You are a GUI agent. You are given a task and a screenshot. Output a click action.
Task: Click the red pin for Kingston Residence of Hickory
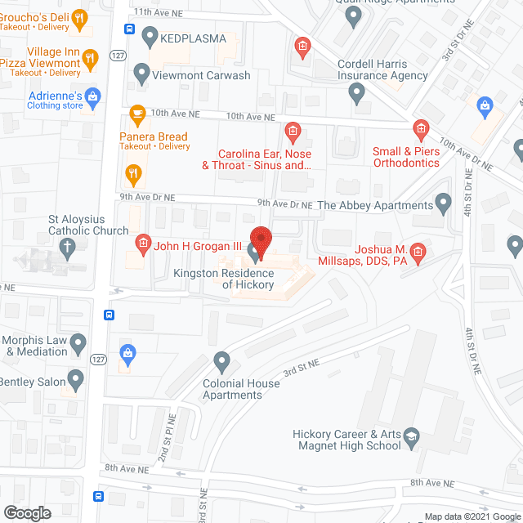[260, 239]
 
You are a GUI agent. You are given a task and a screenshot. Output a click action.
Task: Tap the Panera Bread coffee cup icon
[137, 113]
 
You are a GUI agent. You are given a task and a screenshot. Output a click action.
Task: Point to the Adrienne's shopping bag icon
[93, 96]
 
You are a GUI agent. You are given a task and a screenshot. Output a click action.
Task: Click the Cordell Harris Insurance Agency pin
[356, 93]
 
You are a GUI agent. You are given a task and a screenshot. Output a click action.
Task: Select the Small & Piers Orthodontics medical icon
[420, 128]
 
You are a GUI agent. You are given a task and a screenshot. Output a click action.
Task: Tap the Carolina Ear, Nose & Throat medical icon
[292, 131]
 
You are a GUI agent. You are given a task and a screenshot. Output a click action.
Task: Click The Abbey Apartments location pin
[444, 201]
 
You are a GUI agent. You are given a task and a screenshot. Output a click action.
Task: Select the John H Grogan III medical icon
[142, 243]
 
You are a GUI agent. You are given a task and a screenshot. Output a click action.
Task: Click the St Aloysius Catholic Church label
[88, 225]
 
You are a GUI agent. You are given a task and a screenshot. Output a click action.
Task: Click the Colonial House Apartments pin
[221, 360]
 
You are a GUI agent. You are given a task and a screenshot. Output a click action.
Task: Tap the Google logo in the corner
[26, 512]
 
